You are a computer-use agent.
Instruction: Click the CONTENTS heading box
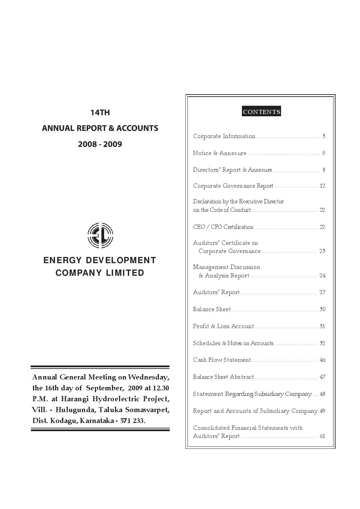click(x=261, y=112)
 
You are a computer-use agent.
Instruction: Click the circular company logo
click(x=100, y=235)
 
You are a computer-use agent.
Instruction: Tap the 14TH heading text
click(x=100, y=113)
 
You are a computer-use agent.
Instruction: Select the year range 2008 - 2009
click(x=100, y=144)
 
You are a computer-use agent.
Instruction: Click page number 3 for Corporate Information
click(x=324, y=136)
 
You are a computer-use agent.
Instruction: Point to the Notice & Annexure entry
click(x=219, y=153)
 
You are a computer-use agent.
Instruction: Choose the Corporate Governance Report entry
click(x=233, y=186)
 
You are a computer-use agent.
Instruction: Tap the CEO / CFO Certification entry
click(x=223, y=227)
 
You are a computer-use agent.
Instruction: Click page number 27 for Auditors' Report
click(x=322, y=292)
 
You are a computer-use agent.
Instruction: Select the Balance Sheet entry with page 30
click(x=212, y=309)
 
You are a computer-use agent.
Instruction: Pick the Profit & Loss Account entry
click(x=223, y=326)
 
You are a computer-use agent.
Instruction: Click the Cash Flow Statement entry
click(x=222, y=360)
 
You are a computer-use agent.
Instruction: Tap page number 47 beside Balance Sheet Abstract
click(x=323, y=377)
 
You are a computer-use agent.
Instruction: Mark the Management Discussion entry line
click(x=227, y=267)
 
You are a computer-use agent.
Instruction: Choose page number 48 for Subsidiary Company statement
click(x=323, y=394)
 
